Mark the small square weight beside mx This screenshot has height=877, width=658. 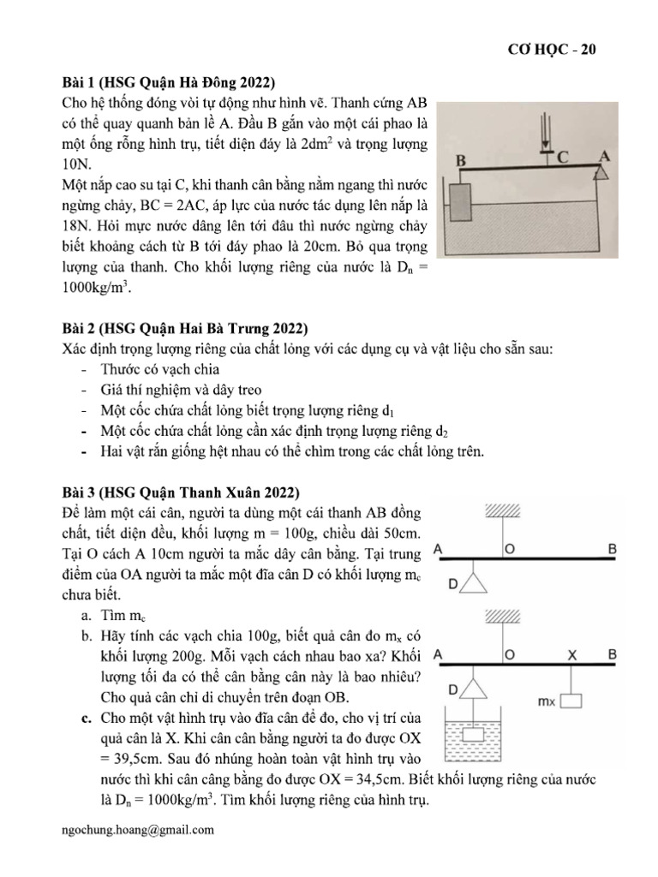pyautogui.click(x=571, y=701)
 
